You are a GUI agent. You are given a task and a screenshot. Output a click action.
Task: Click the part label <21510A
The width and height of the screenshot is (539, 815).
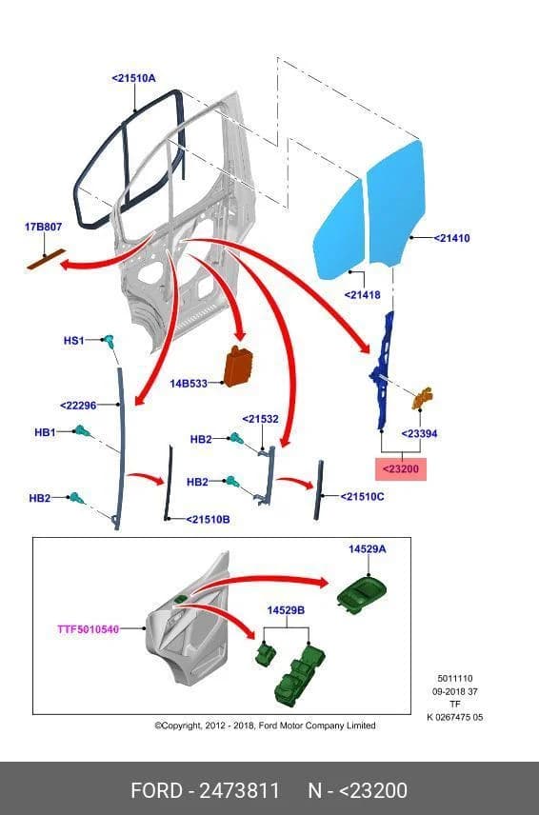point(133,78)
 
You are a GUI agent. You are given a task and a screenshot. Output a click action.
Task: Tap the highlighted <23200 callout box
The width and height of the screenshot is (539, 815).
point(401,468)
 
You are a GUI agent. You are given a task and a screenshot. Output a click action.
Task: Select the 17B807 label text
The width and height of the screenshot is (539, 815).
point(43,227)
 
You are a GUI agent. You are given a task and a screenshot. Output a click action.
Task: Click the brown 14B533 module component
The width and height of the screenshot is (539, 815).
point(239,366)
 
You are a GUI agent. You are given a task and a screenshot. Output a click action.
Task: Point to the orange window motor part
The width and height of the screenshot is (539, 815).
point(423,398)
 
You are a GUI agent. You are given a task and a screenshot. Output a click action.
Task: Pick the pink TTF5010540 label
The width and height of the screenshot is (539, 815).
point(89,629)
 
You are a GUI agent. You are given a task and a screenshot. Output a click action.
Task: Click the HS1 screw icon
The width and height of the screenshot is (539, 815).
point(110,341)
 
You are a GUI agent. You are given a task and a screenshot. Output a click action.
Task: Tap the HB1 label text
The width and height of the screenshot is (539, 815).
point(45,432)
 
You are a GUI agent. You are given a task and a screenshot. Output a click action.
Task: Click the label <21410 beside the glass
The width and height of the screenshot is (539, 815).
point(451,238)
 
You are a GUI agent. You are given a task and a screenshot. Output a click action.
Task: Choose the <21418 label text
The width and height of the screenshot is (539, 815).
point(362,295)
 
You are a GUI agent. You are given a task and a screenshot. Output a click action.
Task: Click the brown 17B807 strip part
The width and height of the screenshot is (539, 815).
point(47,259)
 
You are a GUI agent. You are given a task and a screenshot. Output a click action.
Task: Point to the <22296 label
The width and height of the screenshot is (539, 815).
point(78,406)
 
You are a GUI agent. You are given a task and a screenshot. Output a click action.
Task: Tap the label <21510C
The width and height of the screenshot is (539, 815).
point(362,496)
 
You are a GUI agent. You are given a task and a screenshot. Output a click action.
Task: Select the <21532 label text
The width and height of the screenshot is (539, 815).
point(260,418)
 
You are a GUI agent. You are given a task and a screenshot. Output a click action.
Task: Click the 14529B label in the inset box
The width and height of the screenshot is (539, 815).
point(286,609)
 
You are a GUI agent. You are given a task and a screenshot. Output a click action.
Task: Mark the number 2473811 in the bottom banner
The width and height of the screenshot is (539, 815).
point(240,790)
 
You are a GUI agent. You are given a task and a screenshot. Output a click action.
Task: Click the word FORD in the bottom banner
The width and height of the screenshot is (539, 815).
point(156,790)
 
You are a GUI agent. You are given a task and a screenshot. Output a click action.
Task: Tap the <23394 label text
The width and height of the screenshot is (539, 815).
point(419,433)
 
